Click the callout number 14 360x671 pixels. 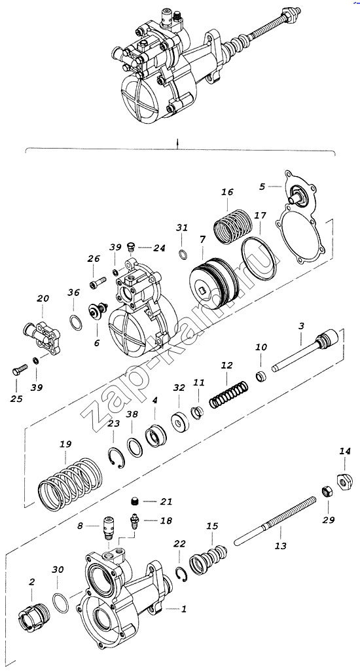[345, 451]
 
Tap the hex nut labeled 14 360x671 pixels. [345, 481]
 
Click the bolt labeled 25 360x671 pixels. [19, 369]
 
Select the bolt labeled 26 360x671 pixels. [98, 283]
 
